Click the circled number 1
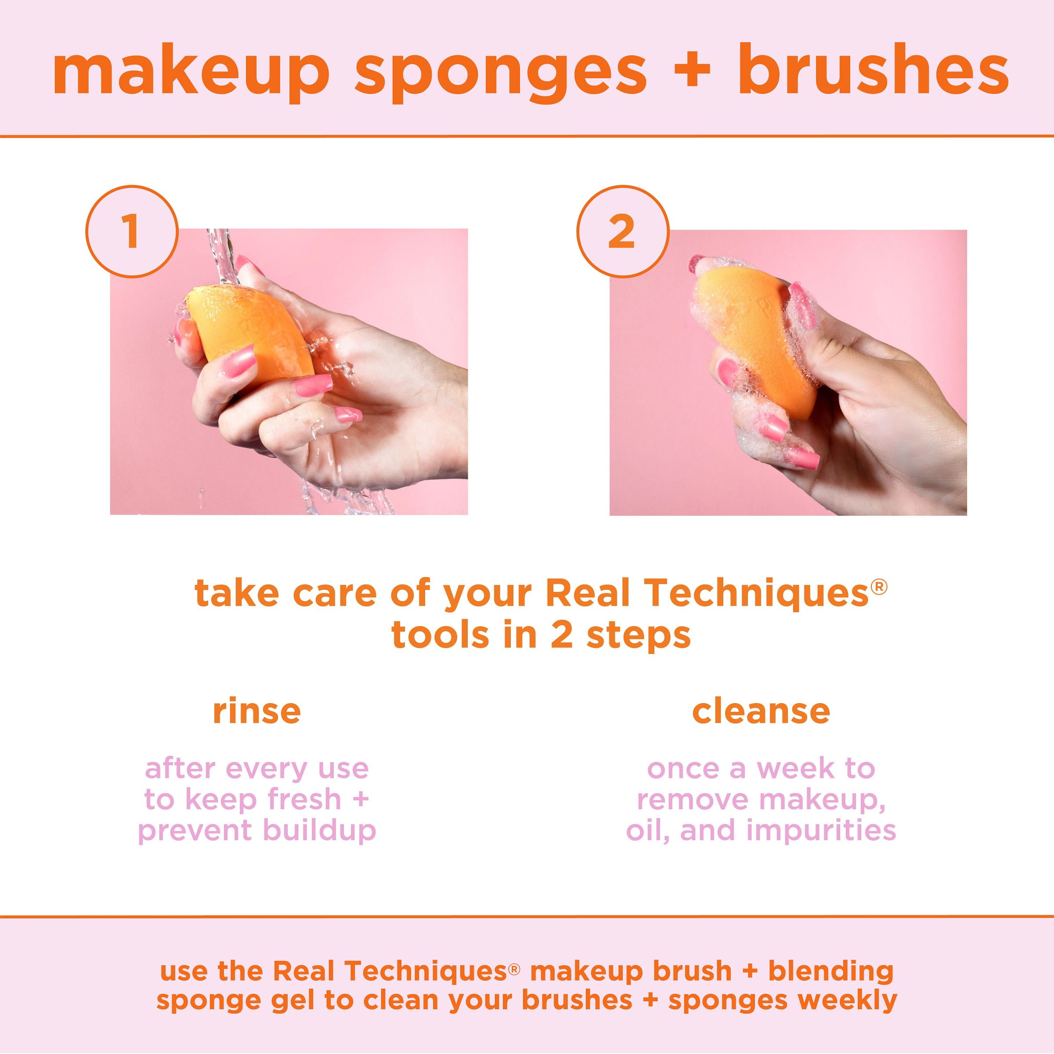pos(131,231)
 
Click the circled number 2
pos(622,232)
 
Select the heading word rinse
pos(256,711)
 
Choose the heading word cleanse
pos(761,711)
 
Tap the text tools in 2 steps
pos(541,635)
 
